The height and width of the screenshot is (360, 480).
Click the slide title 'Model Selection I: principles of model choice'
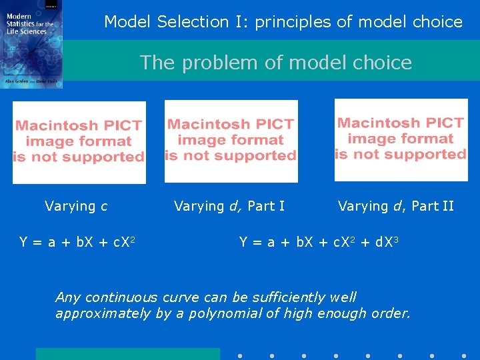click(283, 21)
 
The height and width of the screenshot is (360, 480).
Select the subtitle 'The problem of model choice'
click(275, 63)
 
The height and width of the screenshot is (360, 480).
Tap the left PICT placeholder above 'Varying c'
click(79, 142)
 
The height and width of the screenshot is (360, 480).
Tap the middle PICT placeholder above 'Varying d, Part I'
click(231, 141)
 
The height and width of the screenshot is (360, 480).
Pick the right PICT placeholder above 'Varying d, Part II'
click(401, 139)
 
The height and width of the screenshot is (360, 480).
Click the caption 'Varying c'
click(76, 206)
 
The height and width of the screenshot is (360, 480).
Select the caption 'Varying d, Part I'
click(229, 206)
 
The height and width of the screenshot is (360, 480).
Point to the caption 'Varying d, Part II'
click(396, 206)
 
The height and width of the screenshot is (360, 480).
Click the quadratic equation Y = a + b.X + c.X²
click(78, 242)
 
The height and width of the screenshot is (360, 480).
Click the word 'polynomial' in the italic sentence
click(227, 313)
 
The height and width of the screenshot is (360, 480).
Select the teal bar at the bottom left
click(127, 354)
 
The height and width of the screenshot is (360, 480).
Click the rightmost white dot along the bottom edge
click(464, 355)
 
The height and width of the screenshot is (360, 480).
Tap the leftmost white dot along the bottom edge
click(240, 355)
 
